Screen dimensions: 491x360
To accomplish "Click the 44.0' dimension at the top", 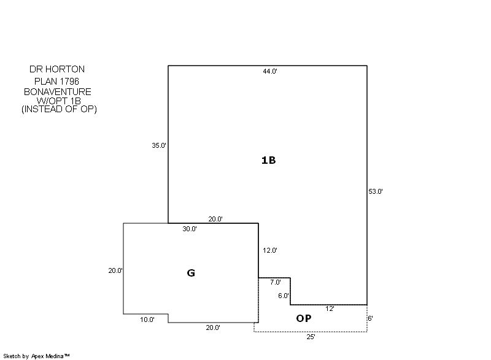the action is click(x=270, y=71).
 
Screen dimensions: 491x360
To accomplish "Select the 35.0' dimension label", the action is click(x=159, y=145).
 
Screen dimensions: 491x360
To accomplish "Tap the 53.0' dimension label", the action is click(x=376, y=191).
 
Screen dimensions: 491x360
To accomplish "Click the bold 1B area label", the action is click(x=268, y=160).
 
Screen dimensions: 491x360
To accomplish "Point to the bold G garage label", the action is click(x=191, y=273).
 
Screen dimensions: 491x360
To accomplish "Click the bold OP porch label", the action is click(x=304, y=318).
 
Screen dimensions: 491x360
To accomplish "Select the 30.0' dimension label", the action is click(x=190, y=229).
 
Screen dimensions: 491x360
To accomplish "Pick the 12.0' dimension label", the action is click(x=270, y=251).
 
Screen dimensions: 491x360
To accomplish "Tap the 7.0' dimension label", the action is click(x=276, y=282).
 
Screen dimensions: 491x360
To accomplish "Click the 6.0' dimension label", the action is click(x=284, y=296).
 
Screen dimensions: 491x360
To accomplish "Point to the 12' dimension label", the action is click(x=330, y=308).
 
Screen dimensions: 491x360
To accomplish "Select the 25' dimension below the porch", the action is click(x=311, y=337).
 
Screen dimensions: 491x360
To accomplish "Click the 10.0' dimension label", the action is click(x=147, y=320).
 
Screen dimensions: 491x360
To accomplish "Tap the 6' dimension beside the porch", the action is click(x=371, y=318).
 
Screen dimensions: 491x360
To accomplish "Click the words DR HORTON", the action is click(x=57, y=69).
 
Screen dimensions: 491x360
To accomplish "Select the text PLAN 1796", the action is click(x=56, y=82).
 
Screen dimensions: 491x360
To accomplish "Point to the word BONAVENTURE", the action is click(x=58, y=91).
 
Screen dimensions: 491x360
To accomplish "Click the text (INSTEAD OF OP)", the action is click(x=59, y=109).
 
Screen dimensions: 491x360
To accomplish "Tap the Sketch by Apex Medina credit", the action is click(x=36, y=356).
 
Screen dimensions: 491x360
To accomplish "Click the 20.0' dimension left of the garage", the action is click(x=115, y=271).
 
